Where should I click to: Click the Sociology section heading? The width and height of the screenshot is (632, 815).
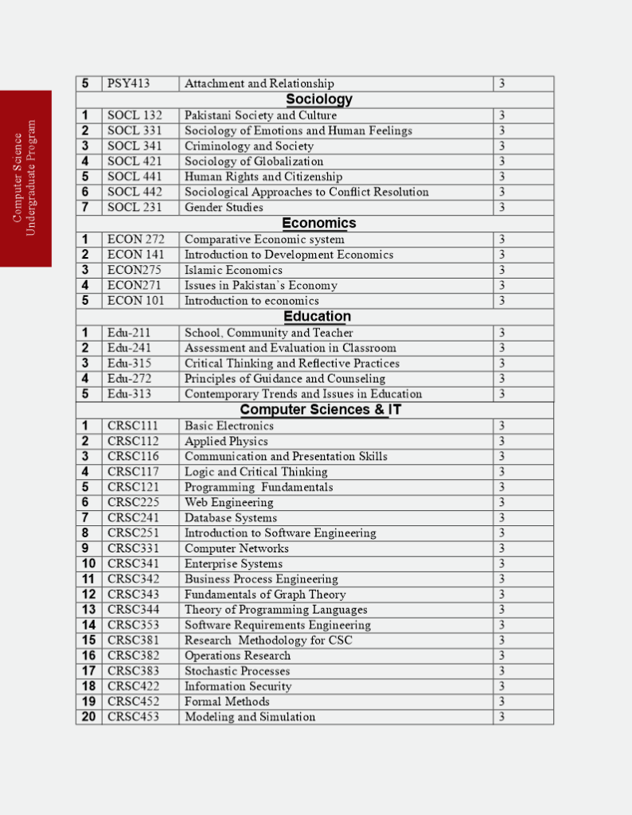click(x=318, y=99)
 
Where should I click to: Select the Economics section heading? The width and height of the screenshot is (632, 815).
click(x=318, y=224)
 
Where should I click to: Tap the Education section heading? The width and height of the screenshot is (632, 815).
click(x=318, y=317)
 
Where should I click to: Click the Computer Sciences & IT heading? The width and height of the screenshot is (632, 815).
click(x=320, y=410)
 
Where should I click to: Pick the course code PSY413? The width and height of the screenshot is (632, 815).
click(x=129, y=84)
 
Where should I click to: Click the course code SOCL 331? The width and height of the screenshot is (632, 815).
click(x=135, y=131)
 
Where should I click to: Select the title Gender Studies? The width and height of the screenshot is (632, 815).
click(x=224, y=208)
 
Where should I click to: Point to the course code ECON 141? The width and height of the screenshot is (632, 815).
click(x=135, y=255)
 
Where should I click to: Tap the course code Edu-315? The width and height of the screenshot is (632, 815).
click(x=129, y=363)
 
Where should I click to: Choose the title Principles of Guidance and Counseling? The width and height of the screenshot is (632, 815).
click(x=285, y=379)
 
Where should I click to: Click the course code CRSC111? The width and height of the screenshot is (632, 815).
click(x=133, y=426)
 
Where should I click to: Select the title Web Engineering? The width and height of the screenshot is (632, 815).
click(x=228, y=502)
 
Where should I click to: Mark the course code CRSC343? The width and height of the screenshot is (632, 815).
click(x=133, y=595)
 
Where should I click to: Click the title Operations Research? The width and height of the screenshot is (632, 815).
click(x=237, y=656)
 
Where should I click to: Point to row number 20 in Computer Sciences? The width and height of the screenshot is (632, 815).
click(x=88, y=717)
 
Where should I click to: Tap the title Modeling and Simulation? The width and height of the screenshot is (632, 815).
click(x=250, y=717)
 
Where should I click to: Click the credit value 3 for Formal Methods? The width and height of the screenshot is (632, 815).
click(x=502, y=702)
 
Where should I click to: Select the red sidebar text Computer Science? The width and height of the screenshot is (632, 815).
click(x=18, y=177)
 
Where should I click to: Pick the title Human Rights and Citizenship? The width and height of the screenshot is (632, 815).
click(x=263, y=177)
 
